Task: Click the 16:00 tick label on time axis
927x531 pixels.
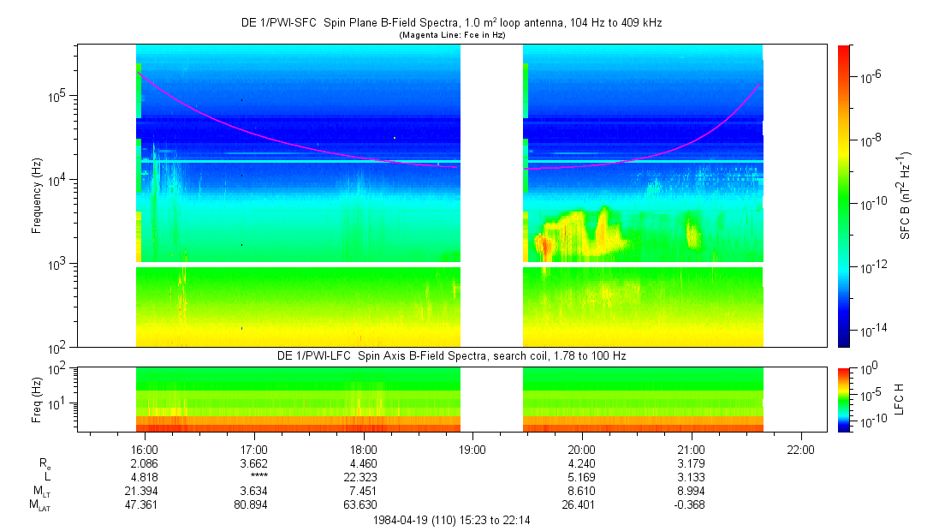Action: click(x=145, y=450)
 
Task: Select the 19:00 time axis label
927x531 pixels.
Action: click(x=472, y=450)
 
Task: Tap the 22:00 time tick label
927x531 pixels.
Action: click(x=800, y=450)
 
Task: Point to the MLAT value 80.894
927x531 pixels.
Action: click(x=254, y=504)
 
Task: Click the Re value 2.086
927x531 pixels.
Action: click(x=145, y=463)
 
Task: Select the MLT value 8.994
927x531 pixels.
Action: click(x=692, y=491)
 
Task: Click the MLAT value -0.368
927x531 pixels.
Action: click(x=692, y=504)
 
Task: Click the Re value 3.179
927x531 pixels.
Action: click(x=692, y=463)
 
